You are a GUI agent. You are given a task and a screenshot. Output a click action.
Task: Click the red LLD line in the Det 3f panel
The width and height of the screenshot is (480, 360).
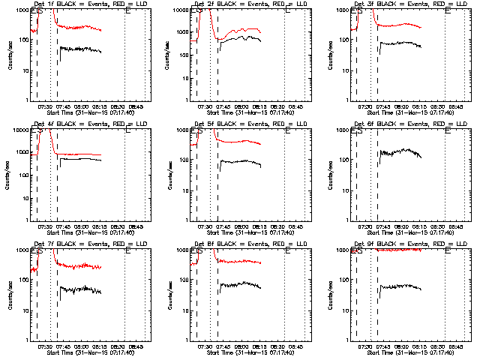(397, 25)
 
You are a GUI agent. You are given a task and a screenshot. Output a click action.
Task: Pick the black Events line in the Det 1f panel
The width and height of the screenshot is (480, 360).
(82, 49)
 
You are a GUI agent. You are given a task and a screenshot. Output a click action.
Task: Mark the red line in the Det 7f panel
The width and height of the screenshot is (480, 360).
(82, 265)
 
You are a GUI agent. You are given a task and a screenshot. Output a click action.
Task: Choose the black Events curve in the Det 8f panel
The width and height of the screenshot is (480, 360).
(240, 285)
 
